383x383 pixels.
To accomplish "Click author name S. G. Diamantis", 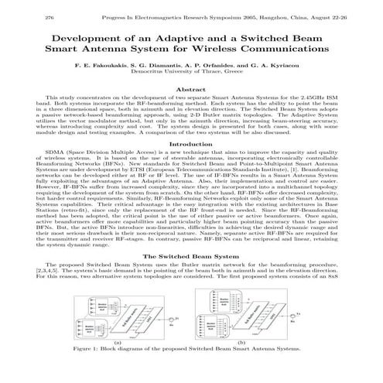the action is point(159,67).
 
